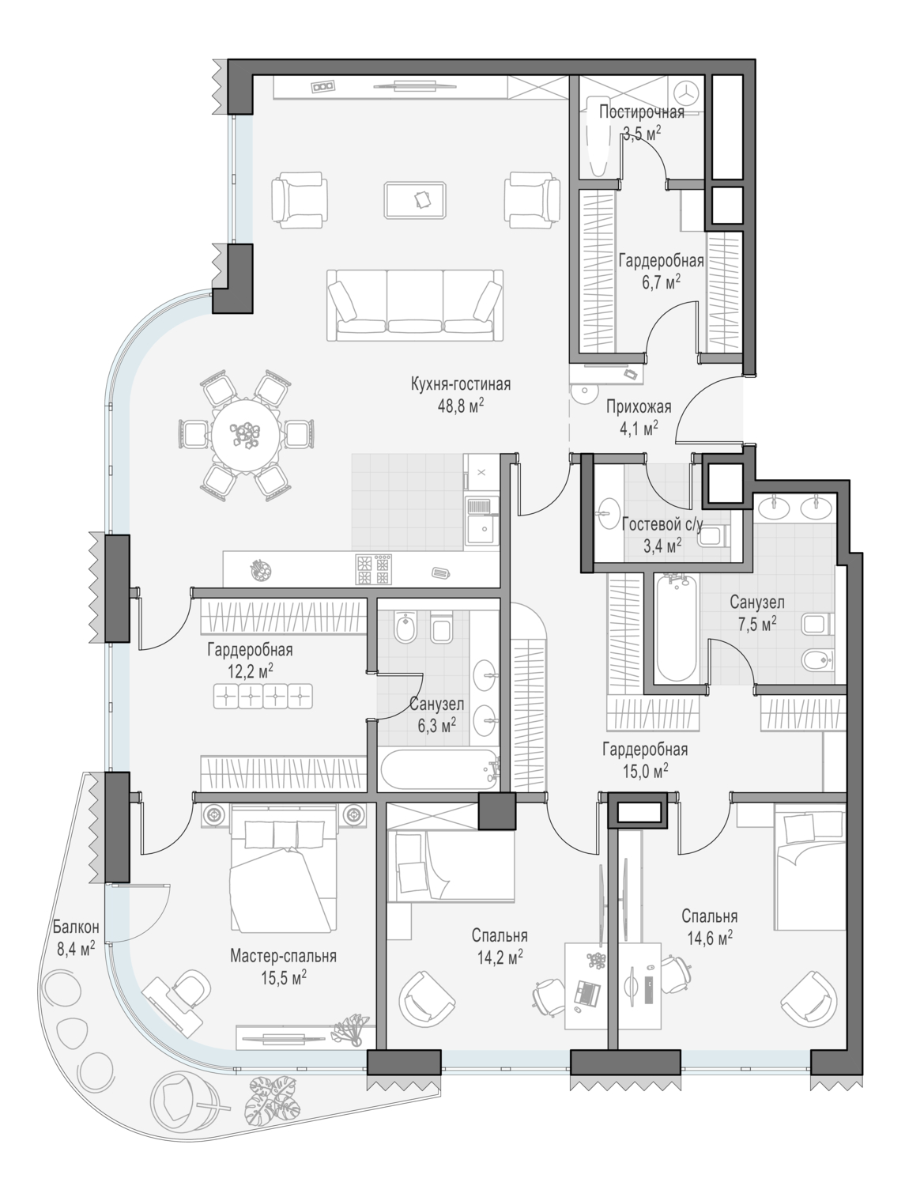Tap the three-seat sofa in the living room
point(415,305)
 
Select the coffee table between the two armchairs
point(415,200)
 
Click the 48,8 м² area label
point(461,406)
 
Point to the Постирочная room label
point(642,112)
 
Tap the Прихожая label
point(639,406)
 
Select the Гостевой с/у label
point(662,524)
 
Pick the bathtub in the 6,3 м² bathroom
point(439,769)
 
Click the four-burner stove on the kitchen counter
point(374,569)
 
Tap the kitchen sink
point(481,523)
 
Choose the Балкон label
point(76,927)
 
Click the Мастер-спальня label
point(283,956)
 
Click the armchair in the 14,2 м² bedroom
point(427,1000)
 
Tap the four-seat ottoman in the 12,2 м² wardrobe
point(263,697)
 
